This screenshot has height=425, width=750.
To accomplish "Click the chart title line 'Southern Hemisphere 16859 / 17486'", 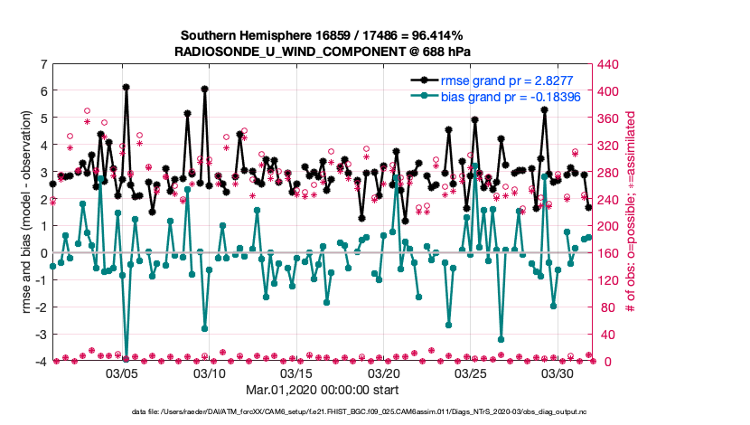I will pos(323,36).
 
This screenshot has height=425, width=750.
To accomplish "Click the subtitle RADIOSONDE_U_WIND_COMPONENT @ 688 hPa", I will pos(323,52).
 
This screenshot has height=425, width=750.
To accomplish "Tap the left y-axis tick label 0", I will pos(43,253).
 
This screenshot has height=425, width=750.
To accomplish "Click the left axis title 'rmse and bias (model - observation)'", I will pos(23,212).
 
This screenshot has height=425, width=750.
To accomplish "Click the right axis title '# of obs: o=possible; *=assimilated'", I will pos(633,212).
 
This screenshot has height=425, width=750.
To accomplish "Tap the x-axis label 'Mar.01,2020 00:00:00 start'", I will pos(323,392).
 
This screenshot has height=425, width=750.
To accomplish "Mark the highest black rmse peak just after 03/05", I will pos(127,88).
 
